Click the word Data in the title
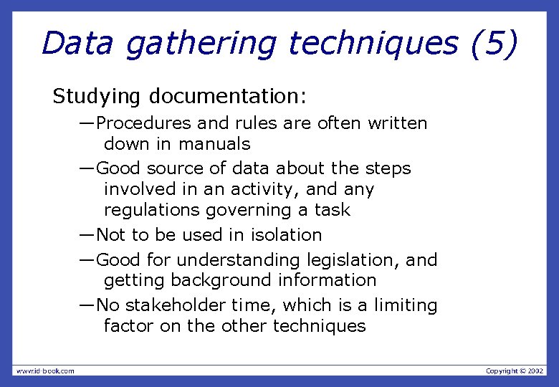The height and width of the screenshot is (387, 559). [x=77, y=44]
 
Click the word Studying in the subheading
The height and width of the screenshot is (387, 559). [x=97, y=96]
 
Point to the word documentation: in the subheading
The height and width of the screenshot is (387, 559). [x=228, y=95]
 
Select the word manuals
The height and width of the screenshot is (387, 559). [x=214, y=144]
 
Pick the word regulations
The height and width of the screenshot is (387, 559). [x=152, y=210]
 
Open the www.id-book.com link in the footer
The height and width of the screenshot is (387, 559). [x=45, y=371]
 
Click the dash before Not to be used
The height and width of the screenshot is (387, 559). [x=87, y=235]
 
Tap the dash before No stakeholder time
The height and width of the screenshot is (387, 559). [x=87, y=305]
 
